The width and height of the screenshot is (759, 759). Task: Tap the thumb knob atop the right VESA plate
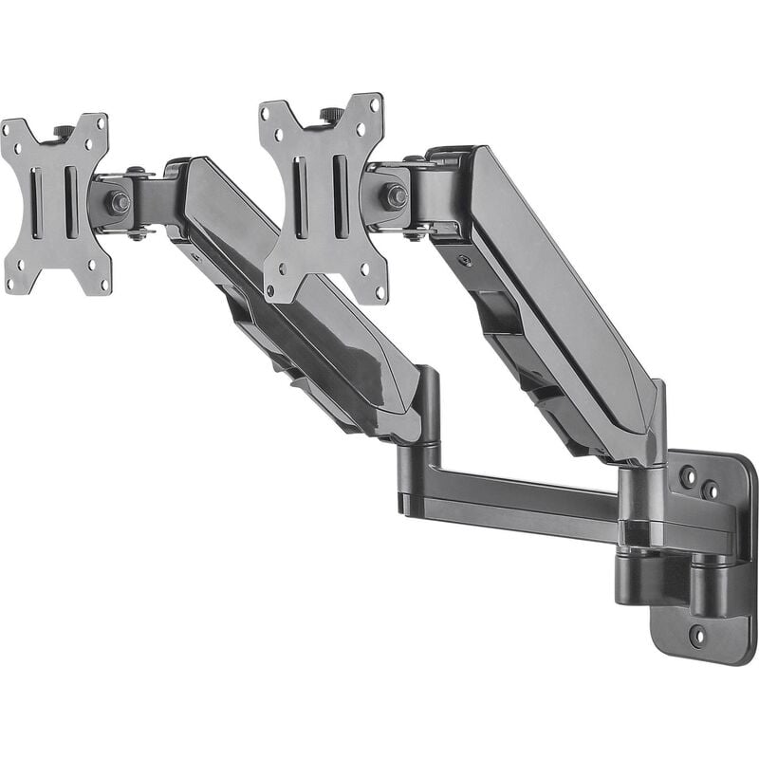pos(332,115)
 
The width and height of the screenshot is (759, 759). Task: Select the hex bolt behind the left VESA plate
pos(118,202)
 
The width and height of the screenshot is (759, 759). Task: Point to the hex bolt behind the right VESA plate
pos(395,196)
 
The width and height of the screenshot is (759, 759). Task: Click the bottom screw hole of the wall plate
pos(697,635)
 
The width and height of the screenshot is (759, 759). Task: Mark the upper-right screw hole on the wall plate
pos(710,491)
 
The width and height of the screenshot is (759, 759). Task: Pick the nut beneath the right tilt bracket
pos(415,234)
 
